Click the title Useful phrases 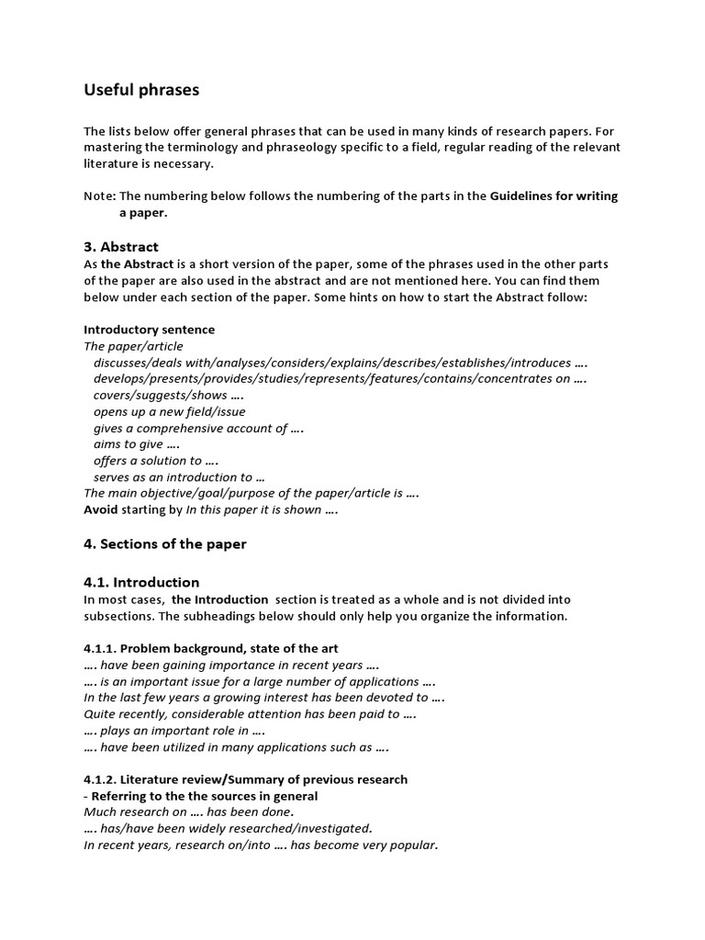141,90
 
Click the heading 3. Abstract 121,247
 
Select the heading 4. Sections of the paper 165,543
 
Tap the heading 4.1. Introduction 141,582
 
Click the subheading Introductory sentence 149,330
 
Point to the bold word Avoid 101,509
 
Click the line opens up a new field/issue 169,411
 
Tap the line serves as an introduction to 179,477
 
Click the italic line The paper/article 133,346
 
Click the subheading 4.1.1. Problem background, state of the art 211,648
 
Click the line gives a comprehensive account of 198,428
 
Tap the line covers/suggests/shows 167,395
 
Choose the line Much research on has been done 189,812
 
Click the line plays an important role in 174,731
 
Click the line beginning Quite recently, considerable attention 250,714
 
